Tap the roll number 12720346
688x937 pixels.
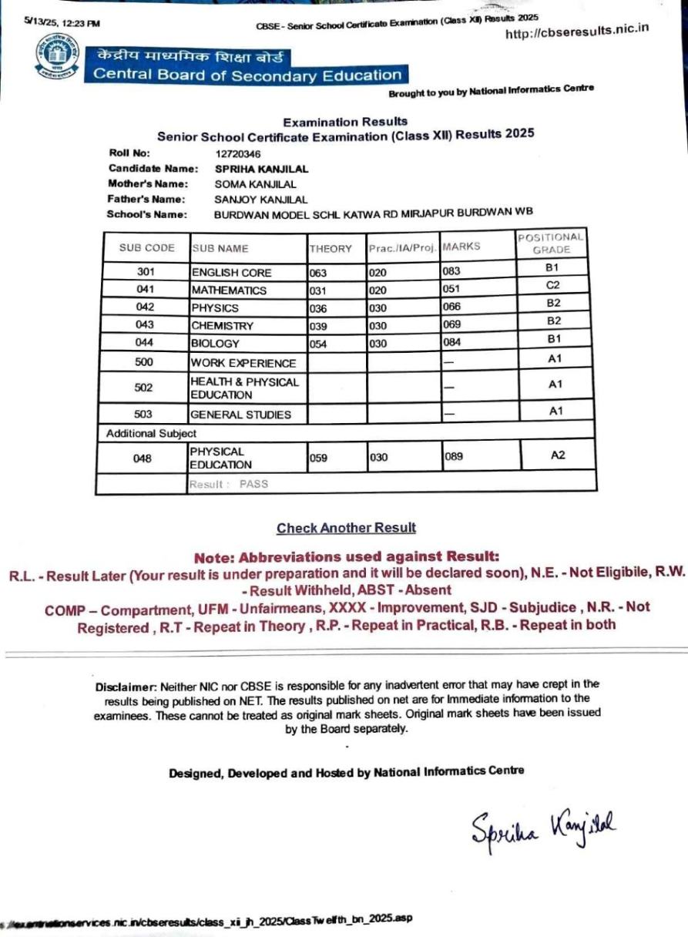coord(238,153)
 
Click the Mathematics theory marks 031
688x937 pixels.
coord(319,291)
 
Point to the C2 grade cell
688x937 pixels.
coord(552,285)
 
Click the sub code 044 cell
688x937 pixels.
coord(144,343)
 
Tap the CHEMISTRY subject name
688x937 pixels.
coord(222,326)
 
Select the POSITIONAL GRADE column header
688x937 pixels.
coord(551,243)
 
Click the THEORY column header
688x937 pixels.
coord(331,249)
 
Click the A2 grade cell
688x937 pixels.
coord(558,455)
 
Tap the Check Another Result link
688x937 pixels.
coord(346,528)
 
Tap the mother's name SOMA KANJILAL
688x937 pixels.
coord(255,184)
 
